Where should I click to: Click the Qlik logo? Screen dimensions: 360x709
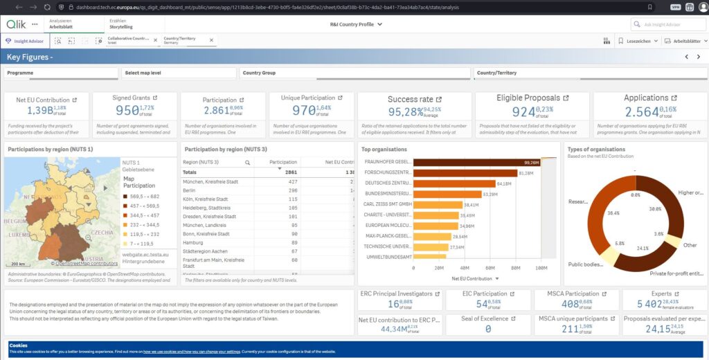[16, 24]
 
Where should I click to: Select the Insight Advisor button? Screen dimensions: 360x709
[26, 42]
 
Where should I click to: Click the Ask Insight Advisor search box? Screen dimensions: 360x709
[668, 24]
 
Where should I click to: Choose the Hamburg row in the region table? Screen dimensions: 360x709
[195, 242]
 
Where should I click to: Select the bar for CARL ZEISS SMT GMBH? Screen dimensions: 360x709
[437, 204]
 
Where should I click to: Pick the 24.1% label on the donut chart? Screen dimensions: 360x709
[643, 249]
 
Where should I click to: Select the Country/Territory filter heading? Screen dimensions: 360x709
[496, 73]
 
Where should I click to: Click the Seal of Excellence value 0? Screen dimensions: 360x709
[488, 329]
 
